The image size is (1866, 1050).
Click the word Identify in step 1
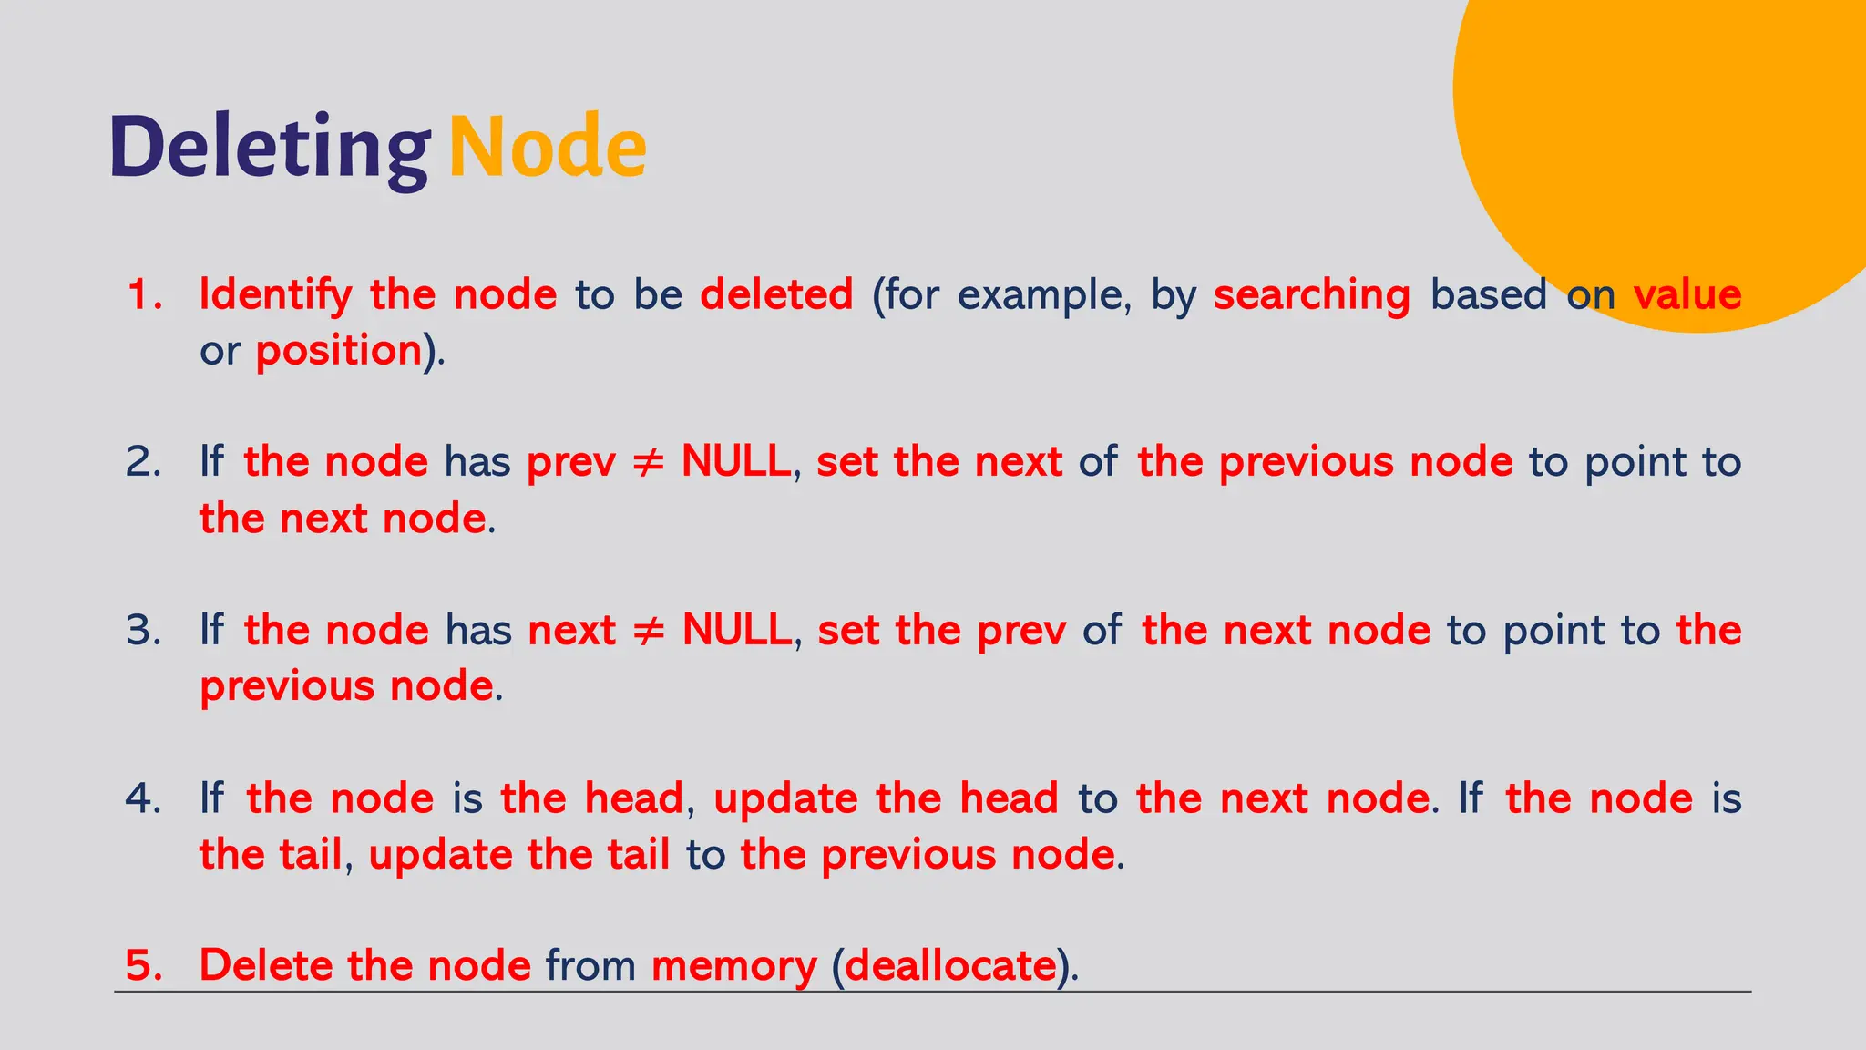click(x=275, y=295)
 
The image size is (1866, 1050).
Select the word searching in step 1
click(x=1311, y=295)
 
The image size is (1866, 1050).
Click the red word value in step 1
click(x=1687, y=295)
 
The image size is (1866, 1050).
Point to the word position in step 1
click(x=338, y=351)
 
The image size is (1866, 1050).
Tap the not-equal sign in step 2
click(x=648, y=463)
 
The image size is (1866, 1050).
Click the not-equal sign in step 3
click(x=649, y=631)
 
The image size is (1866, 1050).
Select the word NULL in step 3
click(x=736, y=631)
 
